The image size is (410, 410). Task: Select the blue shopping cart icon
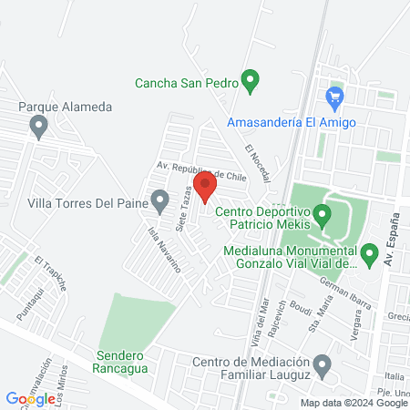point(334,95)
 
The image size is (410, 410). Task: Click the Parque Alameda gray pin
point(38,127)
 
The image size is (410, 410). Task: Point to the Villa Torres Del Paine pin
point(160,200)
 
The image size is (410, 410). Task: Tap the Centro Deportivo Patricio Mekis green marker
point(323,216)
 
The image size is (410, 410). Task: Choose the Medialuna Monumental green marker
point(369,254)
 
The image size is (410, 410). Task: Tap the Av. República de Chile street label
point(201,170)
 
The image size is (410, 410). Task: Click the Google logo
point(30,398)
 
